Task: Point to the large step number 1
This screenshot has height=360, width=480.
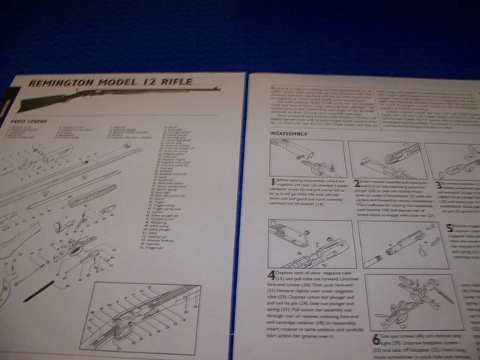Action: tap(274, 182)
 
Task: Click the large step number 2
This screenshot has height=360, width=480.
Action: tap(357, 183)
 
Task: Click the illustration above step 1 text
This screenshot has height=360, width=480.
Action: tap(308, 158)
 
